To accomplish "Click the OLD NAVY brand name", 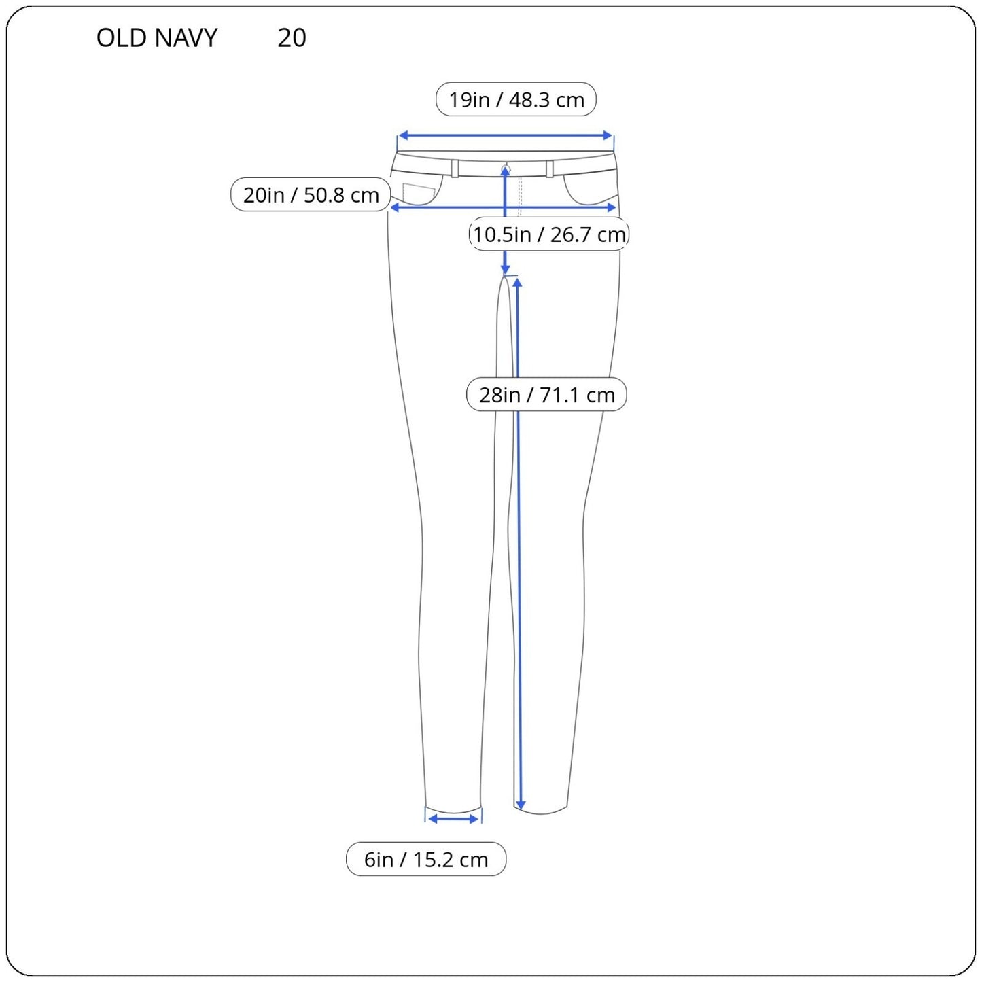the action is click(x=156, y=37).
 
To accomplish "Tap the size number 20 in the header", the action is click(x=292, y=37).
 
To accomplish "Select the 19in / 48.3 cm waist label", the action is click(x=516, y=99).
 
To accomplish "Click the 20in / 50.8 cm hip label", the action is click(x=311, y=194).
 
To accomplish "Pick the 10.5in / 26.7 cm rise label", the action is click(x=549, y=234).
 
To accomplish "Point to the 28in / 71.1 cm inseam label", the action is click(x=546, y=394).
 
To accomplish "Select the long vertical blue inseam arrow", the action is click(x=519, y=543).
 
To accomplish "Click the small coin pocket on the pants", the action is click(x=419, y=194).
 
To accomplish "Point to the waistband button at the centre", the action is click(x=506, y=167).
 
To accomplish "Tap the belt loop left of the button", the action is click(x=455, y=169).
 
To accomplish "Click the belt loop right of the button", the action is click(x=549, y=169).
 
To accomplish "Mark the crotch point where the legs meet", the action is click(x=504, y=277).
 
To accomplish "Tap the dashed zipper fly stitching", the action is click(x=520, y=197).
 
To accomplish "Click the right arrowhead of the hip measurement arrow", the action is click(x=612, y=207).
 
